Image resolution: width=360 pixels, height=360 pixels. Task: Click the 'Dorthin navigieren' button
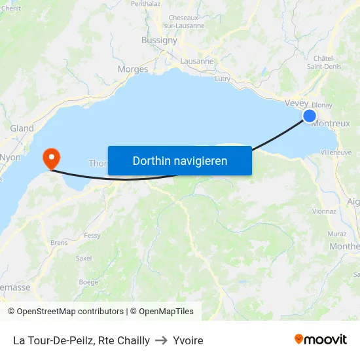coord(180,160)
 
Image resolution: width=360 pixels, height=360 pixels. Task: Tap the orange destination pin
coord(50,158)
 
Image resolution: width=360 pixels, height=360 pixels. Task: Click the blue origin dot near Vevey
coord(310,117)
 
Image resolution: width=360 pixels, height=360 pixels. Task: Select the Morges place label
coord(133,69)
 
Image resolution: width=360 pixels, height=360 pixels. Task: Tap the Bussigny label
coord(159,40)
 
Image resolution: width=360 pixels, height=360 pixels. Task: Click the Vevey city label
coord(297,103)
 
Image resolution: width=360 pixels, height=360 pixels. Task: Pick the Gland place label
coord(22,128)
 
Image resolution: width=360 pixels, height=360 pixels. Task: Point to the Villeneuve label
coord(336,152)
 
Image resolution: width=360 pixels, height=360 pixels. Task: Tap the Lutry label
coord(223,79)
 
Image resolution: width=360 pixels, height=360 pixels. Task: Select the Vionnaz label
coord(325,211)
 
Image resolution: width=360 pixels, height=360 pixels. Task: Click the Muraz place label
coord(337,233)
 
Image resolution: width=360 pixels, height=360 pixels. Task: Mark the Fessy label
coord(92,235)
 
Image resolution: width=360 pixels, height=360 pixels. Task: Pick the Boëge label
coord(88,282)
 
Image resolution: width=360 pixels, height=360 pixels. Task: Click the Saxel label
coord(84,258)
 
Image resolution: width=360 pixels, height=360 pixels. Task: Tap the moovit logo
coord(321,340)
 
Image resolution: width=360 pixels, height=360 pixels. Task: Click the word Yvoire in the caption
coord(189,340)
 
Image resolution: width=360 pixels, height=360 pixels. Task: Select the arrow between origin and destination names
coord(162,340)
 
